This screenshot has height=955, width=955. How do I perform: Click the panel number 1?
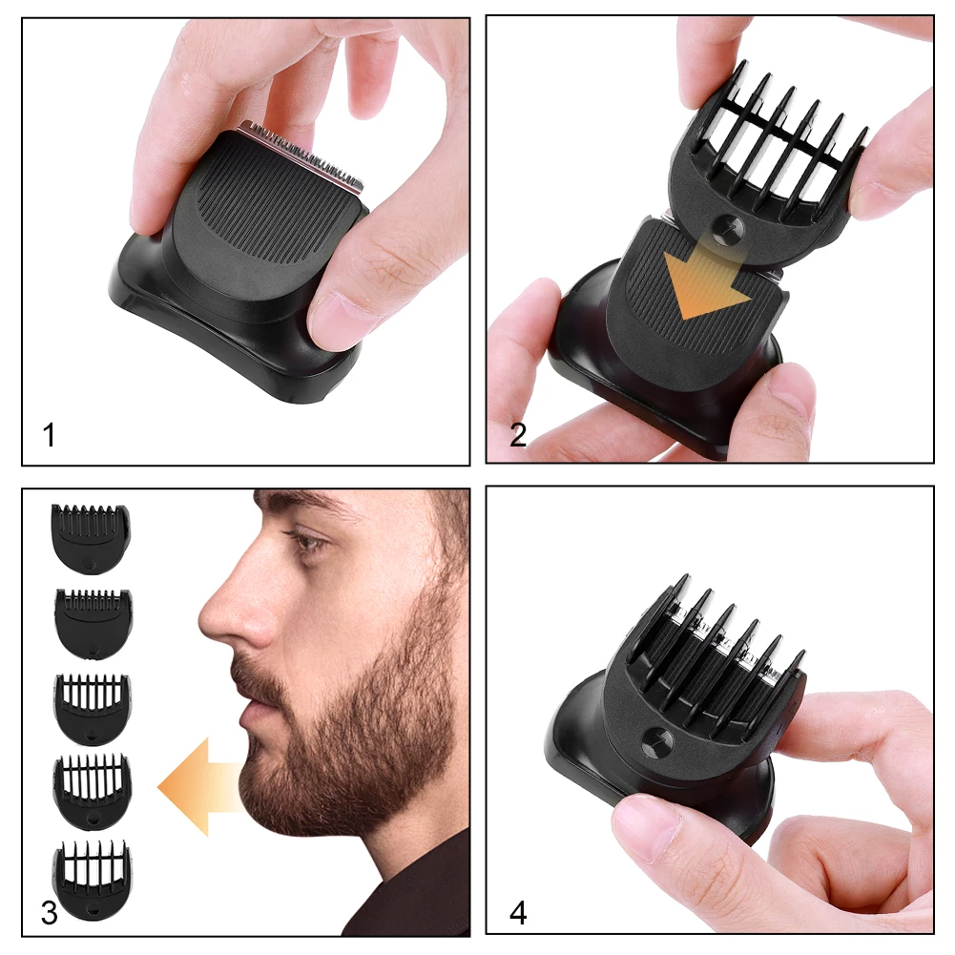pos(49,436)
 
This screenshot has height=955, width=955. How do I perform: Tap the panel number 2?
pos(518,436)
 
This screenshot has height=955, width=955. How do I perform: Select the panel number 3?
pos(49,912)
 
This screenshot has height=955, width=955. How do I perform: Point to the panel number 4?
pos(518,912)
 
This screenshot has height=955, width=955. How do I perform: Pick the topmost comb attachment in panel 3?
pos(91,539)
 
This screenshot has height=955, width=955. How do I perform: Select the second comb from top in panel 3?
pos(93,623)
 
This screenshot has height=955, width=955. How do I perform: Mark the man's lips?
pos(244,711)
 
